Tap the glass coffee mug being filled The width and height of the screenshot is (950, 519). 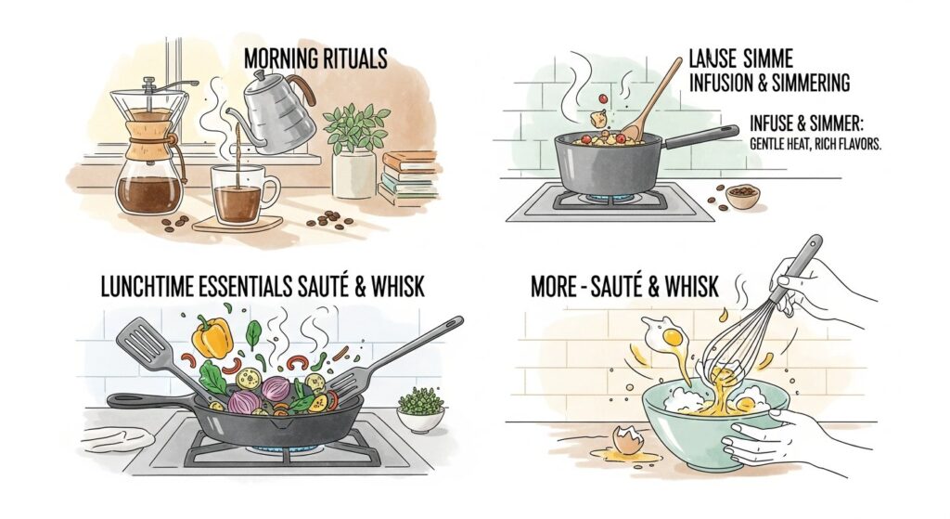240,195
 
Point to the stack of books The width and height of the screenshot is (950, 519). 408,178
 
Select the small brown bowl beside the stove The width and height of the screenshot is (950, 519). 742,196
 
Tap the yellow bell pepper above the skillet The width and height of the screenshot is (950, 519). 213,336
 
